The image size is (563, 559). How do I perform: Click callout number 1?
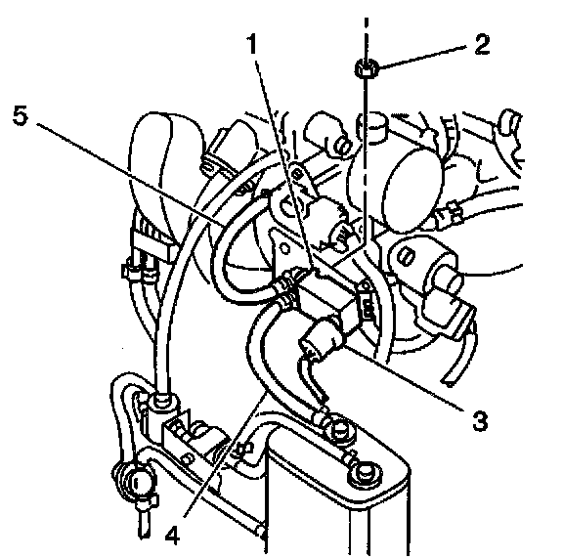tap(253, 43)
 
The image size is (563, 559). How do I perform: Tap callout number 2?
tap(482, 45)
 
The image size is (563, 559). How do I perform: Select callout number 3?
tap(480, 421)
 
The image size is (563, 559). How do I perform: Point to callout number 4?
tap(172, 536)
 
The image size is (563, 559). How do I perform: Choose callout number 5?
tap(21, 115)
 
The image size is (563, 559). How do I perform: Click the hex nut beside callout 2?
tap(367, 68)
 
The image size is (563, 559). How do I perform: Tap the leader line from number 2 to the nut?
tap(422, 57)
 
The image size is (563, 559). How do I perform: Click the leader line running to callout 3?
tap(404, 377)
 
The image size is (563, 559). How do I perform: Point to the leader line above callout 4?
tap(225, 455)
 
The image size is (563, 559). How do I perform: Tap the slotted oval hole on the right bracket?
tap(406, 256)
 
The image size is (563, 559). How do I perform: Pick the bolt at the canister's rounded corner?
tap(365, 475)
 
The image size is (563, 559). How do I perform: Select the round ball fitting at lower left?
tap(135, 481)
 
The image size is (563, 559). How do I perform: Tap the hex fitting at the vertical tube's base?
tap(162, 401)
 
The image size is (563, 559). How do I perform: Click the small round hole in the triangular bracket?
tap(284, 248)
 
